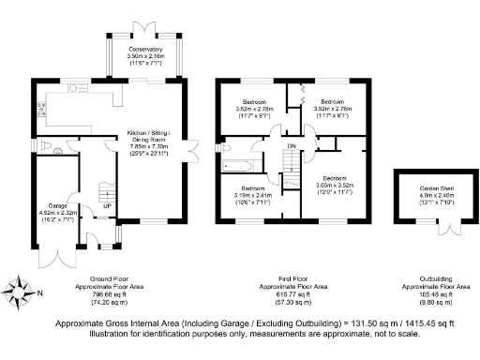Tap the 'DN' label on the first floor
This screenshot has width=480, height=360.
(291, 147)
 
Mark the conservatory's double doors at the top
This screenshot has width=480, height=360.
(144, 23)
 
